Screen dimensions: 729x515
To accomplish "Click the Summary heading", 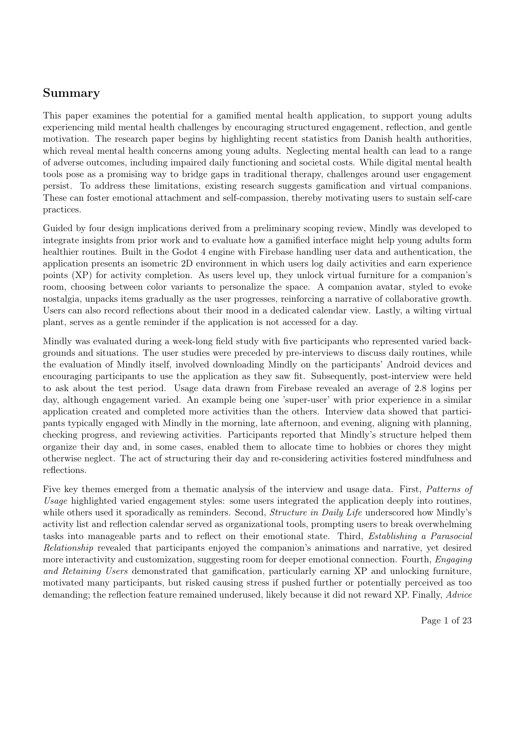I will (x=71, y=93).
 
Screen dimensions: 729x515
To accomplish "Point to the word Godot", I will (x=176, y=252).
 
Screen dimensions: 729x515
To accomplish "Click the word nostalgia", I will (x=59, y=299).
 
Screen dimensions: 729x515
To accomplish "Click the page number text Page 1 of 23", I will (x=446, y=621).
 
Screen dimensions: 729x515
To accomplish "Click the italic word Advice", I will (x=459, y=595).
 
